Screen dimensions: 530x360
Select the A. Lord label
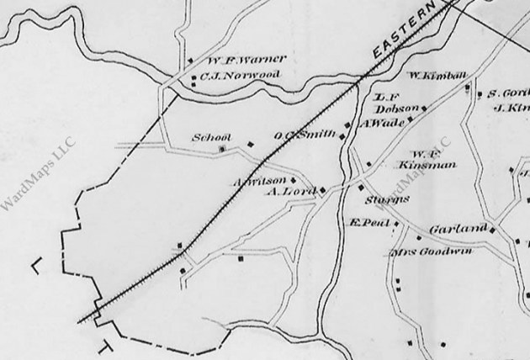tap(290, 192)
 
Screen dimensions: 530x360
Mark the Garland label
tap(458, 229)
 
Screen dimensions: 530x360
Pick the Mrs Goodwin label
tap(432, 251)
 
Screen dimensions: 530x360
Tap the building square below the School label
tap(222, 151)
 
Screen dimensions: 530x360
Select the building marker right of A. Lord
tap(322, 191)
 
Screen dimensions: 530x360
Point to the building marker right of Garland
tap(494, 230)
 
